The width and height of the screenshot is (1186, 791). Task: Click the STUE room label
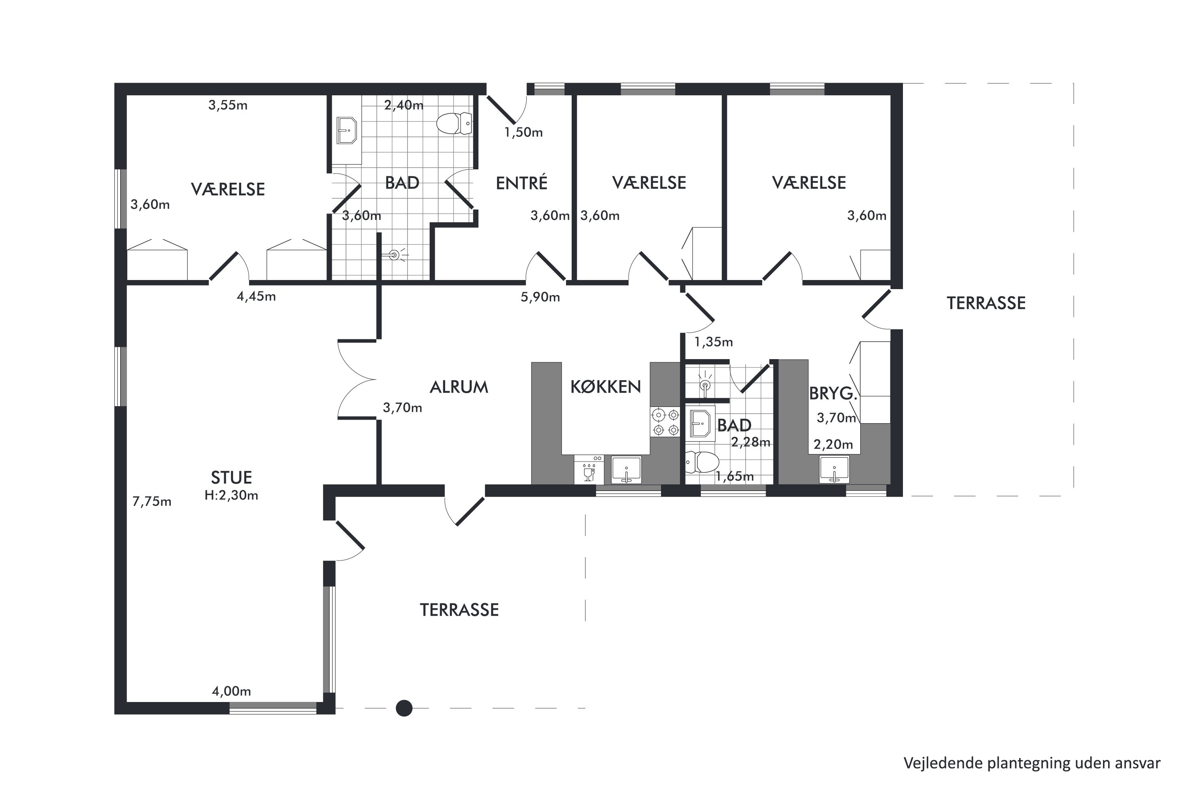pyautogui.click(x=231, y=477)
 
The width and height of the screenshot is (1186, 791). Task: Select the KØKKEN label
pyautogui.click(x=606, y=386)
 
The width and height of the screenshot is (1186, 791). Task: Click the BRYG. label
pyautogui.click(x=833, y=394)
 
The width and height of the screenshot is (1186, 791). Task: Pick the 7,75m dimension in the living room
pyautogui.click(x=152, y=501)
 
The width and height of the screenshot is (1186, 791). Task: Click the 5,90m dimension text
pyautogui.click(x=540, y=297)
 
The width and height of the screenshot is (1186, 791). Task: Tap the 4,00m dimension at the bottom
pyautogui.click(x=231, y=691)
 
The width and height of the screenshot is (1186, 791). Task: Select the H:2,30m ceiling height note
pyautogui.click(x=231, y=496)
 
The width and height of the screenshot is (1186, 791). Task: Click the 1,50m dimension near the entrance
pyautogui.click(x=523, y=132)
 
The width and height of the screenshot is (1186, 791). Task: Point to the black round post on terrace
pyautogui.click(x=404, y=708)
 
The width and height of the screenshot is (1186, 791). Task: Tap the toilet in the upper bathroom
pyautogui.click(x=454, y=123)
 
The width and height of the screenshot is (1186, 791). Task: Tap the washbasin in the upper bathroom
pyautogui.click(x=346, y=130)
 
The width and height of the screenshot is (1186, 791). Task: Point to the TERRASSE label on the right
pyautogui.click(x=986, y=303)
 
